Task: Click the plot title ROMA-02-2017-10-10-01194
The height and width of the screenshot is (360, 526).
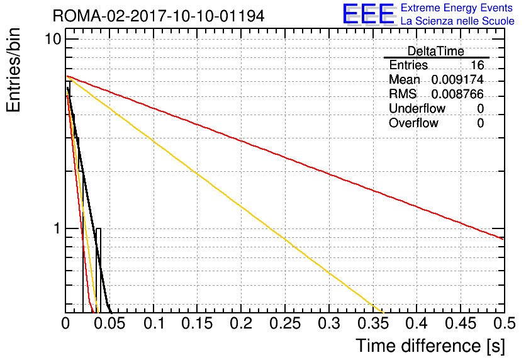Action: pos(159,16)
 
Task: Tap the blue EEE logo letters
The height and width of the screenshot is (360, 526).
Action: pos(369,14)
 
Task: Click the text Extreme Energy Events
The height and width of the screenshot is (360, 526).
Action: pos(457,8)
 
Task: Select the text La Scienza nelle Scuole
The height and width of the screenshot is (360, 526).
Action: pos(457,21)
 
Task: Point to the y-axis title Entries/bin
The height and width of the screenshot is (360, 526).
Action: pos(13,70)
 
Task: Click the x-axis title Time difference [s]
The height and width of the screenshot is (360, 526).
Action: pos(430,346)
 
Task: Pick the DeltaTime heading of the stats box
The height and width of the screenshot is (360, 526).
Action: pos(436,52)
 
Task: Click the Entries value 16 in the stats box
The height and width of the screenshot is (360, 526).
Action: pos(477,65)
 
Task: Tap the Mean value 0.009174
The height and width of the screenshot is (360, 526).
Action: pos(457,79)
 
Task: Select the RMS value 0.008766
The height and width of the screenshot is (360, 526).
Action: pos(457,94)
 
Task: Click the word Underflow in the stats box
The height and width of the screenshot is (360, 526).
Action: pos(417,108)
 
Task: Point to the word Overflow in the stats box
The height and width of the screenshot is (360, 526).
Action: pos(413,123)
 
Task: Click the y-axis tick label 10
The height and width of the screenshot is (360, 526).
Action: pos(53,39)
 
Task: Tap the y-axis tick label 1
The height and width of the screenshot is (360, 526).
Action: pos(57,228)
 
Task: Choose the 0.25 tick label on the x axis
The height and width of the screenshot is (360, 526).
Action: pos(285,323)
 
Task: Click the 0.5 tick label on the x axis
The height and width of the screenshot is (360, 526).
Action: pos(505,323)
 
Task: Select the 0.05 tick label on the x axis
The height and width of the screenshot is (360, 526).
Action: pos(109,323)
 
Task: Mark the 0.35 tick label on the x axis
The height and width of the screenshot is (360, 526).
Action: pos(373,323)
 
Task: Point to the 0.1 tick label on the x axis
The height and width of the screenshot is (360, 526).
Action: pos(154,323)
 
